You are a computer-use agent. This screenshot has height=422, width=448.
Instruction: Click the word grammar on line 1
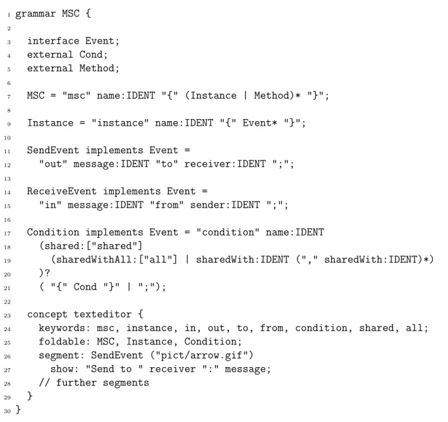[x=35, y=14]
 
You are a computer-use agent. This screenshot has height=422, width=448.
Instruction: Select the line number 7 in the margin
[x=9, y=97]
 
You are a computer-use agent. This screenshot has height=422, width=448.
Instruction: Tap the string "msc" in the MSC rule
[x=76, y=95]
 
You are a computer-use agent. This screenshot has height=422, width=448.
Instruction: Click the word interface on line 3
[x=53, y=41]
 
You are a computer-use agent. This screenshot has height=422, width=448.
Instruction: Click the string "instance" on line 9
[x=120, y=122]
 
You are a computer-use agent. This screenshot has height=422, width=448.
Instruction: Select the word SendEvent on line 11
[x=53, y=150]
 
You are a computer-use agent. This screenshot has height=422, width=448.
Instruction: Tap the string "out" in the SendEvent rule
[x=53, y=163]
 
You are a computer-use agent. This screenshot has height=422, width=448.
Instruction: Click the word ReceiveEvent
[x=62, y=191]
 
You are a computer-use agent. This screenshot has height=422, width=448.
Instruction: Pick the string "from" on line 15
[x=167, y=205]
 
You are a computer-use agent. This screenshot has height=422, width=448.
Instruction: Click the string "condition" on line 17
[x=228, y=232]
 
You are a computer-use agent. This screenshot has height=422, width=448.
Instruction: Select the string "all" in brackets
[x=158, y=259]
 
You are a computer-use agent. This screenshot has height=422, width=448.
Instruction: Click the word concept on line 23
[x=47, y=314]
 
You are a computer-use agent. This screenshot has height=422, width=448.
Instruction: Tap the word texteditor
[x=103, y=314]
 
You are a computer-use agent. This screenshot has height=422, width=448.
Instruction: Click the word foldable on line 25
[x=62, y=341]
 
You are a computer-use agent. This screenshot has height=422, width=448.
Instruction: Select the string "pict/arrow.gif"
[x=202, y=355]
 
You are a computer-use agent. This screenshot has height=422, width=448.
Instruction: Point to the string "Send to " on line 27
[x=114, y=368]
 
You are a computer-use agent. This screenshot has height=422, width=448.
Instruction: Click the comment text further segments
[x=102, y=382]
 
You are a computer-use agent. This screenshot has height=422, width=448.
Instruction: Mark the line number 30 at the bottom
[x=7, y=411]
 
